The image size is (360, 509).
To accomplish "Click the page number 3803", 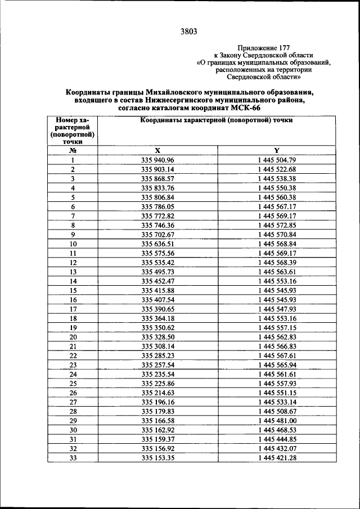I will (x=188, y=31).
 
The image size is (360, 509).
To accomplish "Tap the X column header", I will (x=158, y=150).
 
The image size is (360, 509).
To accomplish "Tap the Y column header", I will (x=276, y=150).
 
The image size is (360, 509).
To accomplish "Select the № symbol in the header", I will (x=73, y=150).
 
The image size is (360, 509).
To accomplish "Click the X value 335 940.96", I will (x=158, y=160).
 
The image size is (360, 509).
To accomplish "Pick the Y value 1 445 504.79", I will (x=276, y=160).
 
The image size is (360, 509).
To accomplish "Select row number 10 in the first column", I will (x=73, y=244).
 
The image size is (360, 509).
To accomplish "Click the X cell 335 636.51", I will (x=158, y=244).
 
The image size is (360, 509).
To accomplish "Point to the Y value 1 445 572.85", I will (x=276, y=225).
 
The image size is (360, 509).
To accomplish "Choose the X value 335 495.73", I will (x=158, y=272).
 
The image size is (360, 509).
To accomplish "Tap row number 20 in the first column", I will (x=73, y=336).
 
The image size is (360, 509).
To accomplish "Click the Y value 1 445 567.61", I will (x=276, y=355).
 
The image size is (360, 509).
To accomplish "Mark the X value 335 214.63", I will (x=158, y=393).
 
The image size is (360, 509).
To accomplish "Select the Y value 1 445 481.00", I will (x=276, y=420).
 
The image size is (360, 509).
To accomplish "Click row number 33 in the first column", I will (x=73, y=457).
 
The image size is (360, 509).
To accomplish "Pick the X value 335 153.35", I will (x=158, y=457).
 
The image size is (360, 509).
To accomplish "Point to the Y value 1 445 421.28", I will (x=276, y=457).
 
